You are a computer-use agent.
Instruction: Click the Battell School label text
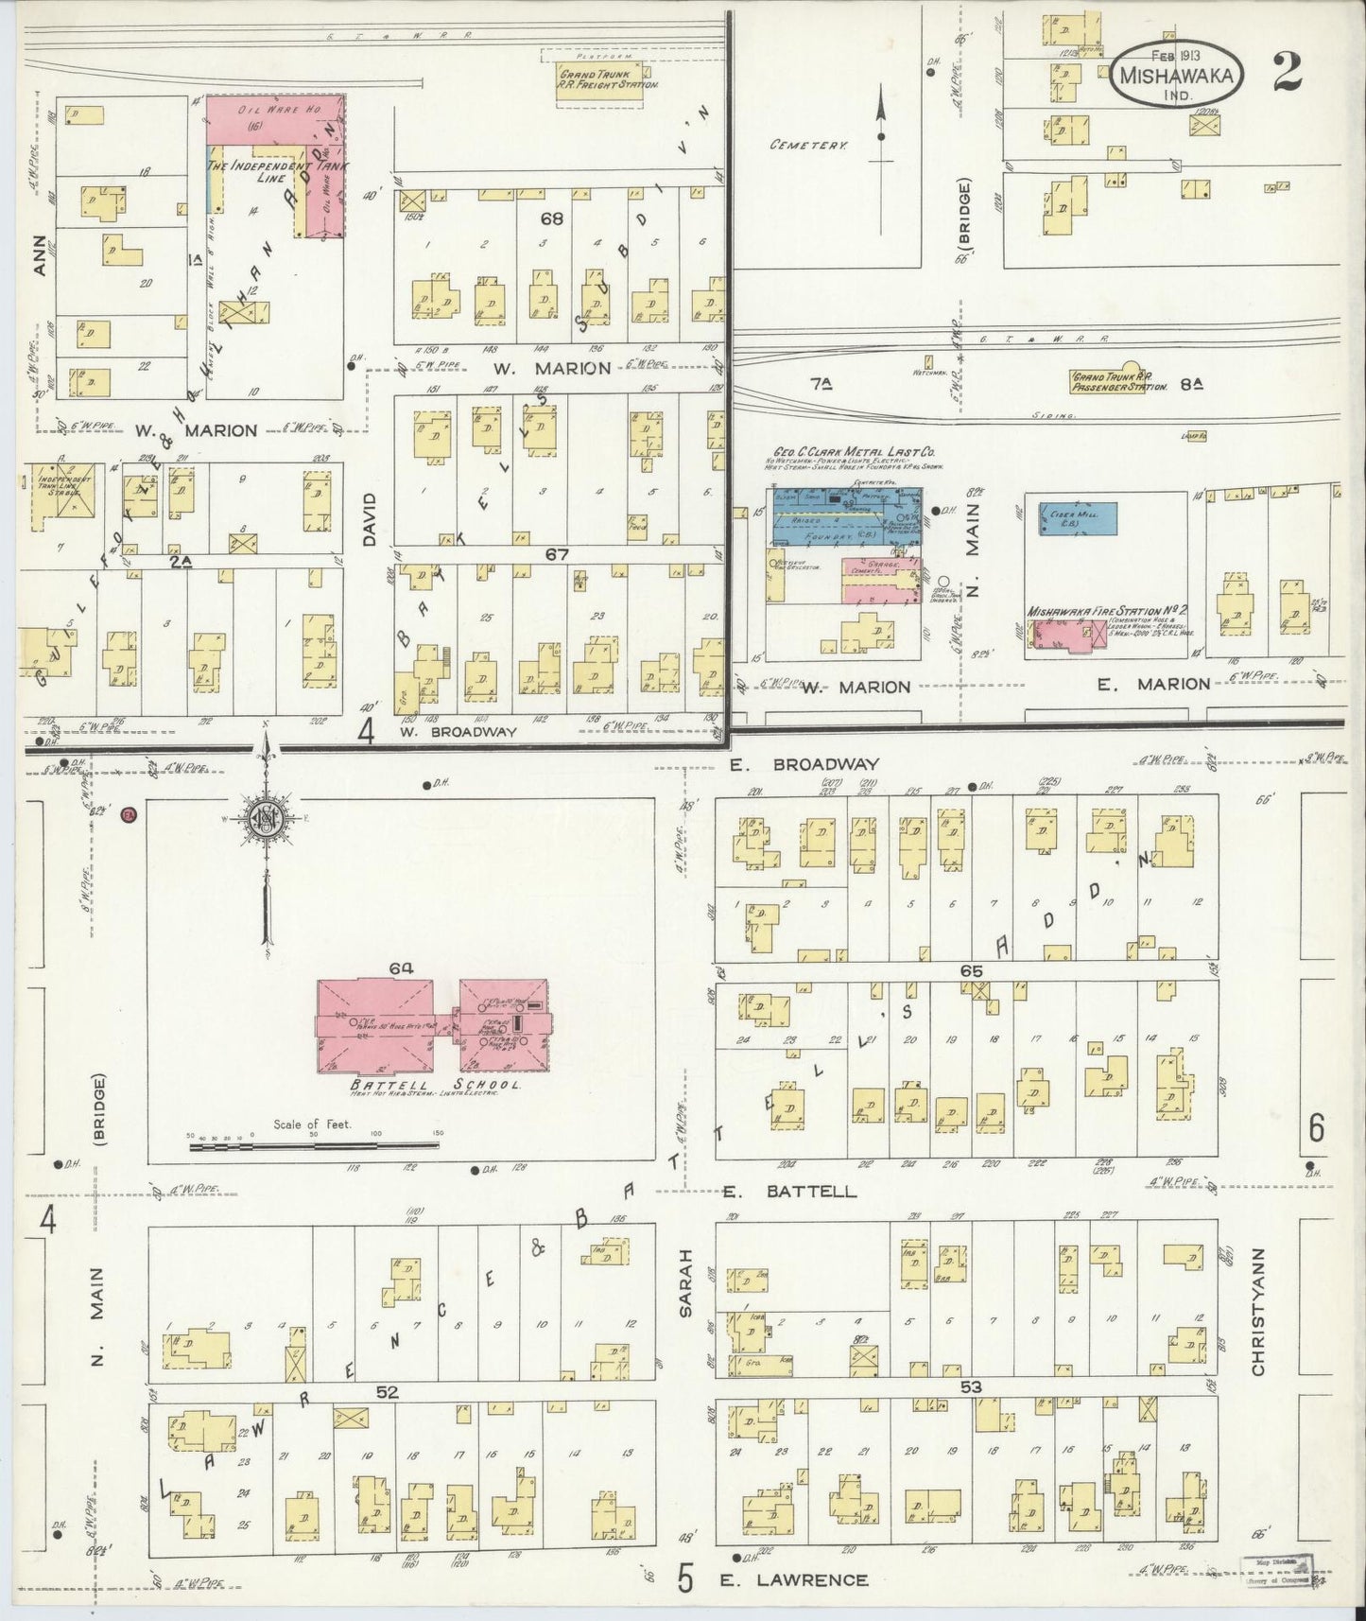(x=422, y=1085)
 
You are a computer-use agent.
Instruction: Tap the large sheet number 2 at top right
(x=1287, y=72)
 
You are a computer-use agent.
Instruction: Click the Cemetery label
(x=808, y=146)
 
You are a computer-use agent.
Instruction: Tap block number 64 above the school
(x=401, y=967)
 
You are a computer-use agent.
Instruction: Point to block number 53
(x=970, y=1387)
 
